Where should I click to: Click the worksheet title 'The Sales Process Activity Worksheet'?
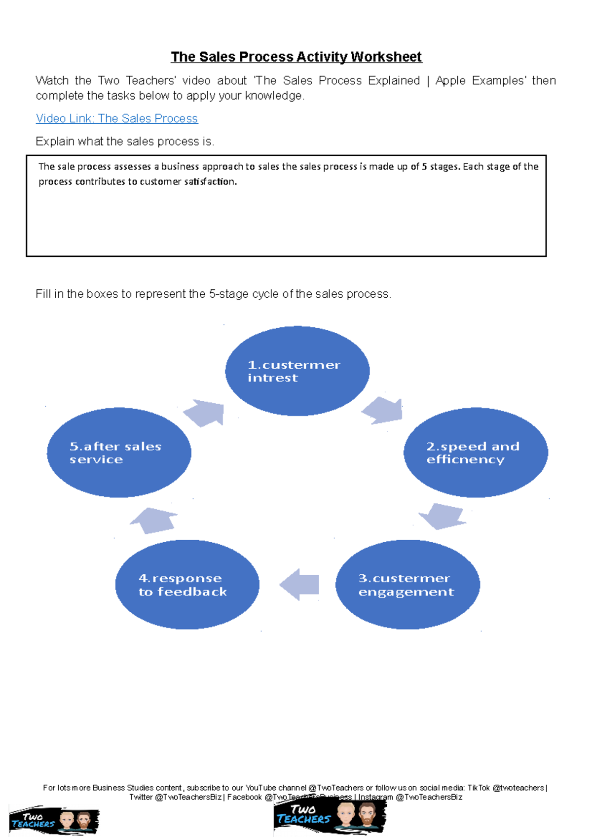296,57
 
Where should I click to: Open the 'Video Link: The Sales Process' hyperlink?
117,119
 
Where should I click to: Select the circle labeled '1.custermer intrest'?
297,371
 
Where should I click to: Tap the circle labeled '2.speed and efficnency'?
476,453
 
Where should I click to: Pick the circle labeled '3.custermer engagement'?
407,585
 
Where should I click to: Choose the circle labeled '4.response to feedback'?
187,585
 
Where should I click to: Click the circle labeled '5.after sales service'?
119,453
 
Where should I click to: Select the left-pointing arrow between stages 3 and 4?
299,585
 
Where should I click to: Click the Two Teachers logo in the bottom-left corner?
54,821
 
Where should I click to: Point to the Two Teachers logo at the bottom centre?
330,816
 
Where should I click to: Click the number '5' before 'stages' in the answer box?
424,167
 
